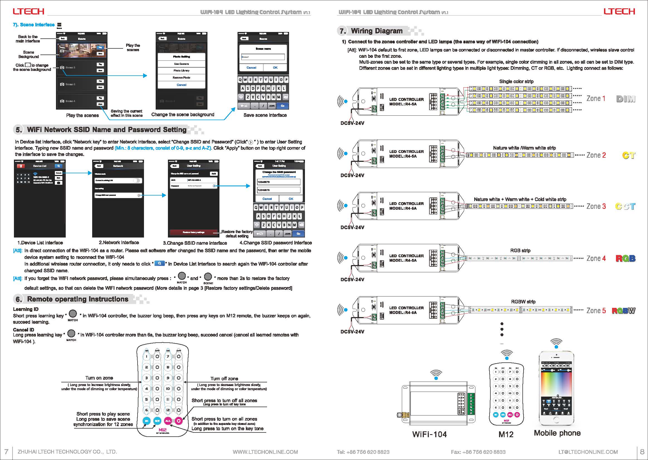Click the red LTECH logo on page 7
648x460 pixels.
pos(28,11)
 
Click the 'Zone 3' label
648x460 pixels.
pos(596,206)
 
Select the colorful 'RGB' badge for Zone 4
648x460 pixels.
pos(625,258)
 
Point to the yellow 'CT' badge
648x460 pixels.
pos(629,155)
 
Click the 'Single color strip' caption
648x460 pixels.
pos(516,81)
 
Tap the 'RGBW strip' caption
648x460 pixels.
pos(523,302)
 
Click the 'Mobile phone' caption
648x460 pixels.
pos(557,433)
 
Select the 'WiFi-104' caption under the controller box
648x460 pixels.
pos(429,434)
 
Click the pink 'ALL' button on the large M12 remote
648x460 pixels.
pos(168,421)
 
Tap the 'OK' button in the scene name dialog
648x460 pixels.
pos(275,68)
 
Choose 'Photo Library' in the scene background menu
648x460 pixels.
pos(182,71)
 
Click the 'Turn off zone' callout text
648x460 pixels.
pos(224,379)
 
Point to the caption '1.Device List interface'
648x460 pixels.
pos(40,243)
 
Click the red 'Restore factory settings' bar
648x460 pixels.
pos(194,232)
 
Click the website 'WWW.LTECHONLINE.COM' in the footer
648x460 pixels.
pos(265,452)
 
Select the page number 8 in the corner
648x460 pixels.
pos(642,451)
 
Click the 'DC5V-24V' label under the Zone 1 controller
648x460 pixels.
pos(352,123)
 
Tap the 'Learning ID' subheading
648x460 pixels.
pos(26,309)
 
